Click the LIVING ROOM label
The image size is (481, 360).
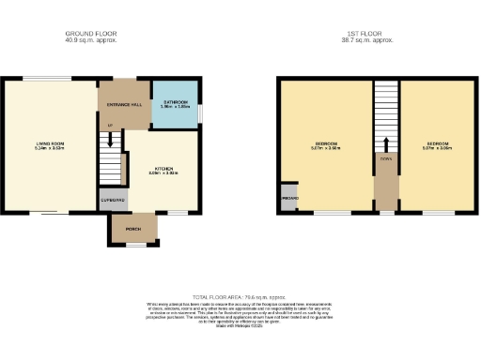click(49, 143)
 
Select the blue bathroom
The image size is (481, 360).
click(176, 105)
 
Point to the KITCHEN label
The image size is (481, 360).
click(163, 169)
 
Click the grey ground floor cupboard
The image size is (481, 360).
click(112, 200)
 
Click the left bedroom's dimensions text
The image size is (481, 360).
click(324, 148)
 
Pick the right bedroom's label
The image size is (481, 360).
click(438, 143)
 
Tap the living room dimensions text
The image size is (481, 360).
click(49, 148)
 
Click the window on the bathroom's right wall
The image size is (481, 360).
click(199, 112)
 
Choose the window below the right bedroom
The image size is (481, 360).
click(438, 213)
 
